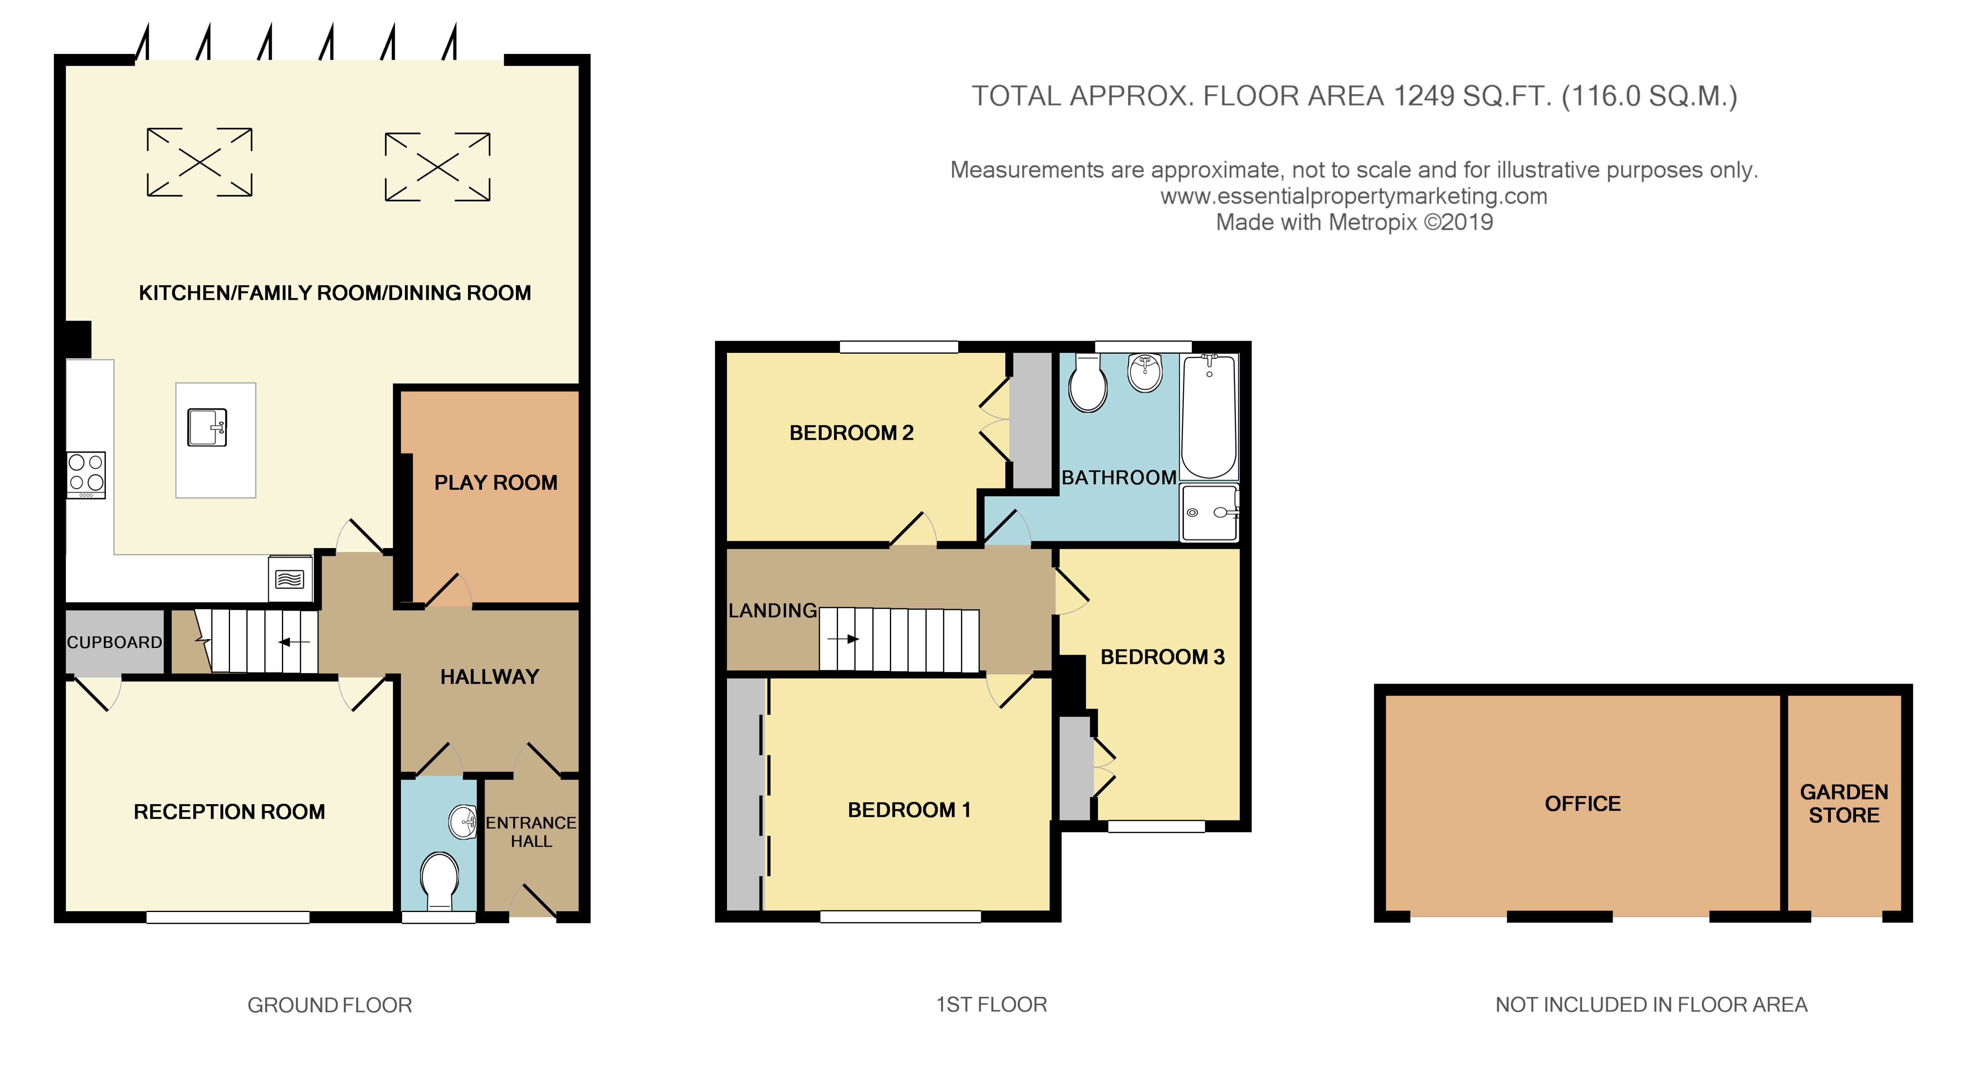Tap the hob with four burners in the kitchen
[x=85, y=474]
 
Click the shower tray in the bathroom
[x=1209, y=512]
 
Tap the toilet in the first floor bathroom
[x=1088, y=383]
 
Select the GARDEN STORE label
[x=1844, y=804]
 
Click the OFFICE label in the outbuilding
[x=1583, y=804]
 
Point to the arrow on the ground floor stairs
[x=294, y=641]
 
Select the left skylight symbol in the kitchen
[x=199, y=162]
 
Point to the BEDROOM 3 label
[x=1162, y=657]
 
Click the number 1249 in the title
[x=1424, y=96]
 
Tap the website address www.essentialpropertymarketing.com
[x=1353, y=196]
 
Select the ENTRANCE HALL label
[x=531, y=832]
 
